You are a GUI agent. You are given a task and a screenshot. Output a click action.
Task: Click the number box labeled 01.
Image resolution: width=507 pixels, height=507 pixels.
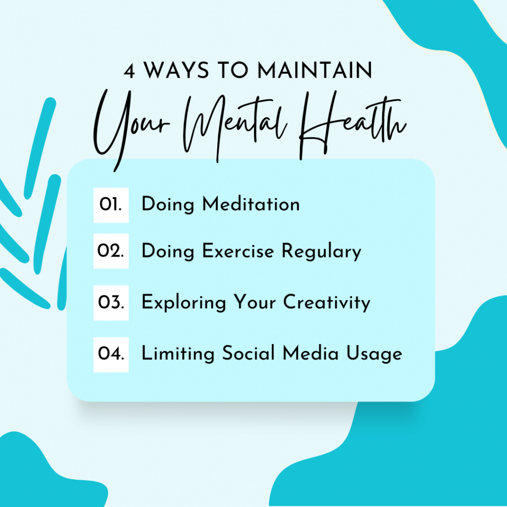(111, 205)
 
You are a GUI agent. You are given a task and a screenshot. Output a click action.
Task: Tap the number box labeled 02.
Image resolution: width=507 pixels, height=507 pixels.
(111, 251)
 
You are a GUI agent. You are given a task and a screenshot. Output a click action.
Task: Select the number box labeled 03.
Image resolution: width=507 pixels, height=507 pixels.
(111, 303)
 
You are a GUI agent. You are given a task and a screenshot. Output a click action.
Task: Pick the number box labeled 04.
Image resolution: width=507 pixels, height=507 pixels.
(111, 355)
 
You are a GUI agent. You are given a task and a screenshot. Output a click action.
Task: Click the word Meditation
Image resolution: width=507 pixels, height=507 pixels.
(251, 204)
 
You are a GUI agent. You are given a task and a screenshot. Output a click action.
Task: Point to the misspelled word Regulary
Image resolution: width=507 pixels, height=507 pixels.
(321, 252)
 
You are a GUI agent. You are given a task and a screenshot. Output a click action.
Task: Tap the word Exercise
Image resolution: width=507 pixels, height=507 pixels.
(238, 251)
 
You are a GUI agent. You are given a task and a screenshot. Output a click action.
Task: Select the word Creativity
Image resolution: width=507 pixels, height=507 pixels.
(327, 303)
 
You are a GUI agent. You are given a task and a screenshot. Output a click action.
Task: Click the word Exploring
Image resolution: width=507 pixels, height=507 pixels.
(184, 303)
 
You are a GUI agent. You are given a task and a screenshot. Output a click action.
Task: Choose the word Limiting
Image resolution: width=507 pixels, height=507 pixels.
(178, 354)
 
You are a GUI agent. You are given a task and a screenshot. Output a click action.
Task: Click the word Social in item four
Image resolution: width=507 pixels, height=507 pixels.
(249, 353)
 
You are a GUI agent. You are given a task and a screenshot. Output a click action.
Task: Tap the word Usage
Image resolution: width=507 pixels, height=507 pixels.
(374, 354)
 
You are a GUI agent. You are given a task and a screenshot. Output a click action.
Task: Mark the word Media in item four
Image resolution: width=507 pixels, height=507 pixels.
(310, 353)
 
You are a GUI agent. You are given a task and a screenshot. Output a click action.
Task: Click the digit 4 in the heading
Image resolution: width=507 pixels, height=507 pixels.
(129, 71)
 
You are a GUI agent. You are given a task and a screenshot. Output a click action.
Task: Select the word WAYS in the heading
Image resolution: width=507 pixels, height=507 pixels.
(177, 70)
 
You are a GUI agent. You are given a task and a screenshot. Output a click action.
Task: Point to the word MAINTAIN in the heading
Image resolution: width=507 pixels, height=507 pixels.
(315, 70)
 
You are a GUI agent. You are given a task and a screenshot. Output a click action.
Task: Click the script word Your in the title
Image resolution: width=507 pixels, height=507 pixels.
(131, 129)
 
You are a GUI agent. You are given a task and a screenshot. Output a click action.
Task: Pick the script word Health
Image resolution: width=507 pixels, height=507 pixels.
(353, 124)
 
